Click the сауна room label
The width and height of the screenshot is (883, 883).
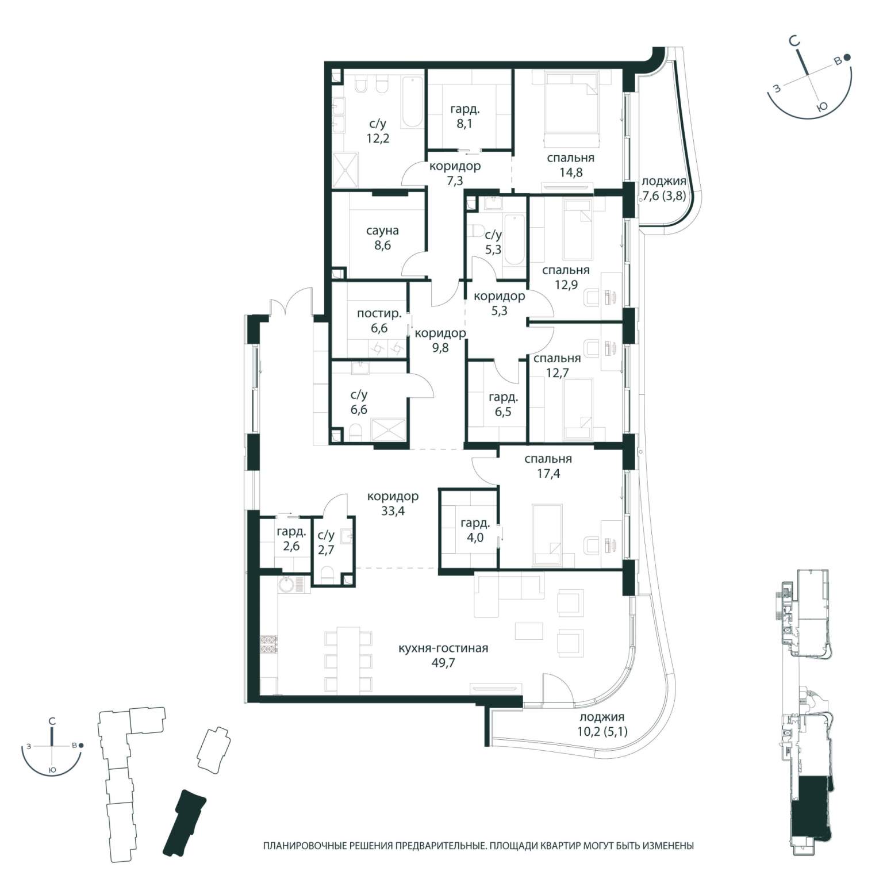pos(382,231)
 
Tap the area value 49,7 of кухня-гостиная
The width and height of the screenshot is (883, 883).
pos(443,663)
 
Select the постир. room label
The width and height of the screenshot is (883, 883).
pos(379,314)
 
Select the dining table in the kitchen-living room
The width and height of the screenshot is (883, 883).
pos(348,659)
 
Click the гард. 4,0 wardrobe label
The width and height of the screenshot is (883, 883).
pos(475,531)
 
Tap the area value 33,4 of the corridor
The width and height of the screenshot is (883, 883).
pos(393,511)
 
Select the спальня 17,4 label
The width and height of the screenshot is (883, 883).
pos(548,466)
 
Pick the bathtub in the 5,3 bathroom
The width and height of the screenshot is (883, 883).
pos(515,239)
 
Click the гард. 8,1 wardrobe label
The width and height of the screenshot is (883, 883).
pos(464,116)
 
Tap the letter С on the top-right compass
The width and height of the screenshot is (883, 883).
pos(794,41)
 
